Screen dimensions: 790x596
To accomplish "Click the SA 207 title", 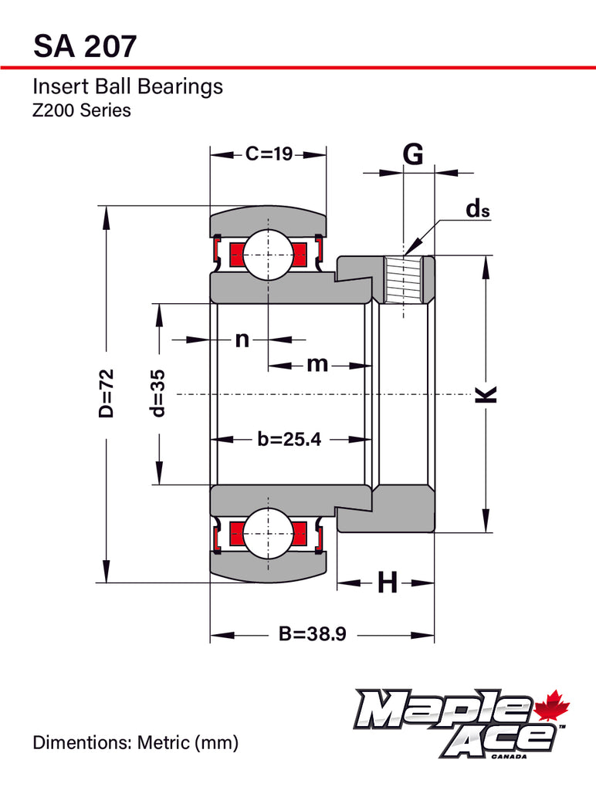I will coord(86,46).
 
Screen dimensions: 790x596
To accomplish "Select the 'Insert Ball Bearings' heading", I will coord(127,86).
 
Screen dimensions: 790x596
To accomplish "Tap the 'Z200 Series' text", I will coord(81,110).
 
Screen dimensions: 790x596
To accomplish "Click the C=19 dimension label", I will coord(269,154).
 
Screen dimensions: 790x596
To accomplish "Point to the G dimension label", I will coord(414,154).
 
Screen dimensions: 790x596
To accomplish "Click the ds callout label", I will coord(477,209).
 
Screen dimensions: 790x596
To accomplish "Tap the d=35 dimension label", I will coord(158,393).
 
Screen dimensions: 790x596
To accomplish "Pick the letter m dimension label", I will coord(317,363).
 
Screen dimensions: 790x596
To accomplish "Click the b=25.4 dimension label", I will coord(289,439).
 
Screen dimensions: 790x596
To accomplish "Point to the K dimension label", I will coord(485,393).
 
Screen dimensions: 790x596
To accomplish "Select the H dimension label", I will coord(387,583).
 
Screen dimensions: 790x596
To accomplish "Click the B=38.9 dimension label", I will coord(313,635).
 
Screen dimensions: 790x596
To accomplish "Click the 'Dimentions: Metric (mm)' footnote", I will coord(135,743).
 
